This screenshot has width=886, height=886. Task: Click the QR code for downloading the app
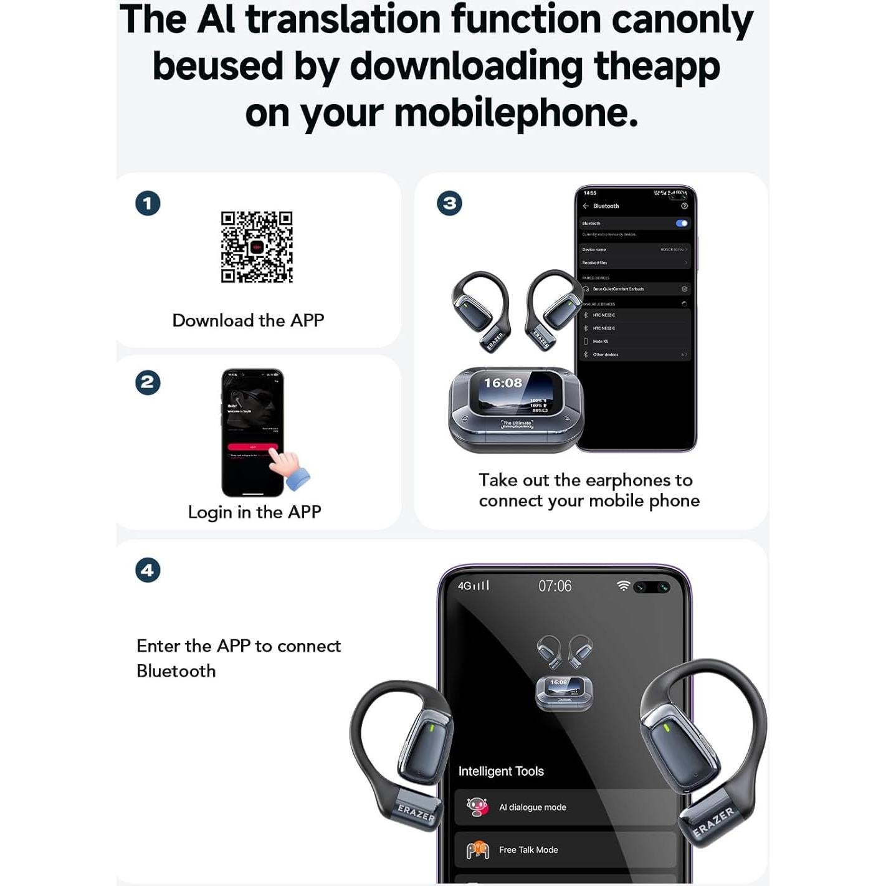[257, 247]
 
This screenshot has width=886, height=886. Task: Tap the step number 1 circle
[148, 203]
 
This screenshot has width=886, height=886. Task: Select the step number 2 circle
[148, 382]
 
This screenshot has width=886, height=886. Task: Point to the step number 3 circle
[449, 203]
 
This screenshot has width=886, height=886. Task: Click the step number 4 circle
[148, 569]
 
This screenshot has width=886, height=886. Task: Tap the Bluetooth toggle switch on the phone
[682, 223]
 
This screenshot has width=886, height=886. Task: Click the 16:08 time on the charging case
[503, 383]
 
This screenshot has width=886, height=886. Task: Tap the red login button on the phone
[252, 447]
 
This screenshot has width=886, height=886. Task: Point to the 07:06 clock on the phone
[555, 586]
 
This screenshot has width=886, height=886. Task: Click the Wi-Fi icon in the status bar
[622, 586]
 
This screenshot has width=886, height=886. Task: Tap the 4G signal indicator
[474, 586]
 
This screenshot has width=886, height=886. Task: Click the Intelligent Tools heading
[501, 771]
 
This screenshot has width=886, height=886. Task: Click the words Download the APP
[248, 320]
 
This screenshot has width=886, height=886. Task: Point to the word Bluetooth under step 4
[176, 671]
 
